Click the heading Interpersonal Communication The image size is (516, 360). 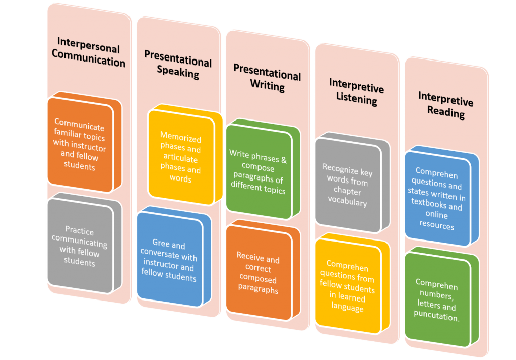[89, 52]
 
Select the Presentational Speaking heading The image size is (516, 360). [178, 64]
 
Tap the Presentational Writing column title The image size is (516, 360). [267, 78]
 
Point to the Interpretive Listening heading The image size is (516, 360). [356, 92]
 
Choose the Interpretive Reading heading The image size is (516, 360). [446, 105]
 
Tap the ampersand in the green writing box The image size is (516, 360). [284, 160]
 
